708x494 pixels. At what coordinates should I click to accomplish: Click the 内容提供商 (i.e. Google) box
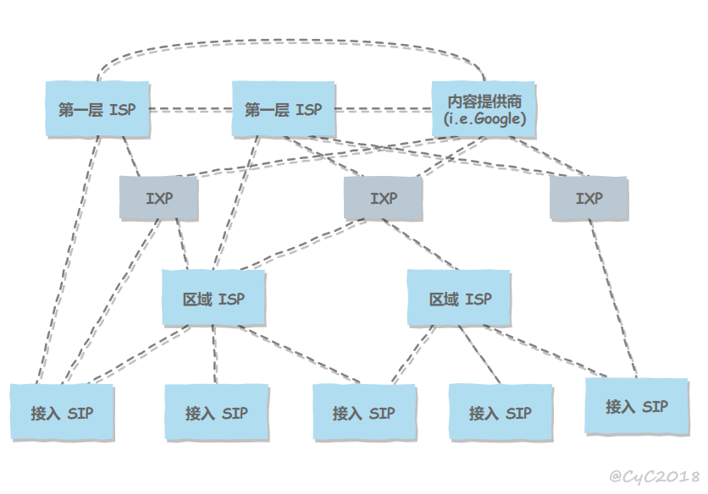coord(484,110)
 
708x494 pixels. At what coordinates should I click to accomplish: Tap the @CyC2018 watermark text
coord(655,476)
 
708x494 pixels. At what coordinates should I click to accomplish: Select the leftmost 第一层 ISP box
coord(97,109)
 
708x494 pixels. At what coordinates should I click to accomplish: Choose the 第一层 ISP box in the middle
coord(284,109)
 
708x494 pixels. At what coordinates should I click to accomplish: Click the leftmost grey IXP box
coord(159,199)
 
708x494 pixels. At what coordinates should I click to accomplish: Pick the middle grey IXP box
coord(384,199)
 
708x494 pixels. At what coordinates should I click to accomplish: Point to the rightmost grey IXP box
coord(589,199)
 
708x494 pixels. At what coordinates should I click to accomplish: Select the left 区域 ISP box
coord(213,299)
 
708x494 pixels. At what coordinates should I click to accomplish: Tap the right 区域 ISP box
coord(459,299)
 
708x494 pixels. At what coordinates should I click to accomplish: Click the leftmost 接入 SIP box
coord(63,412)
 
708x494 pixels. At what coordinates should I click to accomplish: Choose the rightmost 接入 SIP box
coord(637,406)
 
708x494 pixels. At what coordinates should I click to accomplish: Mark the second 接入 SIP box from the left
coord(217,412)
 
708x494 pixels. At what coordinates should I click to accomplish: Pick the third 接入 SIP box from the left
coord(364,412)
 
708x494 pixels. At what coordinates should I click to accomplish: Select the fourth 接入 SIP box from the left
coord(501,412)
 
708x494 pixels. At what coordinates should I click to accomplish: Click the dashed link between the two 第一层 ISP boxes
coord(191,109)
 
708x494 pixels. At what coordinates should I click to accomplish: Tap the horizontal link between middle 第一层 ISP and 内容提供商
coord(384,109)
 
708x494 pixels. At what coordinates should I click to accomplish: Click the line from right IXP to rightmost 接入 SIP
coord(613,299)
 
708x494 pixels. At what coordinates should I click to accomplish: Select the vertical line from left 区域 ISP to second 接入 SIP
coord(215,354)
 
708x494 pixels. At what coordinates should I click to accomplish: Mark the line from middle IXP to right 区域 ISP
coord(420,244)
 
